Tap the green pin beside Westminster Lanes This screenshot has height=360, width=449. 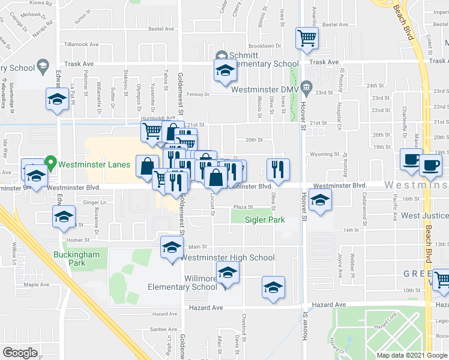[x=51, y=162]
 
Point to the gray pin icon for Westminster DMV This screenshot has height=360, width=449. [x=307, y=89]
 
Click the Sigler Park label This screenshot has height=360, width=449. [x=264, y=220]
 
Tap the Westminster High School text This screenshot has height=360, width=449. [x=228, y=258]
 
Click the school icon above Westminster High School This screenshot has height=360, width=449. [x=171, y=247]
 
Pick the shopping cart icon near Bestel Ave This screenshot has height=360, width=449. [x=307, y=38]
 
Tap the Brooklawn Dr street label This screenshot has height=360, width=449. [x=265, y=46]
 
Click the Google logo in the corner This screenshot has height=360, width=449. [x=20, y=353]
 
